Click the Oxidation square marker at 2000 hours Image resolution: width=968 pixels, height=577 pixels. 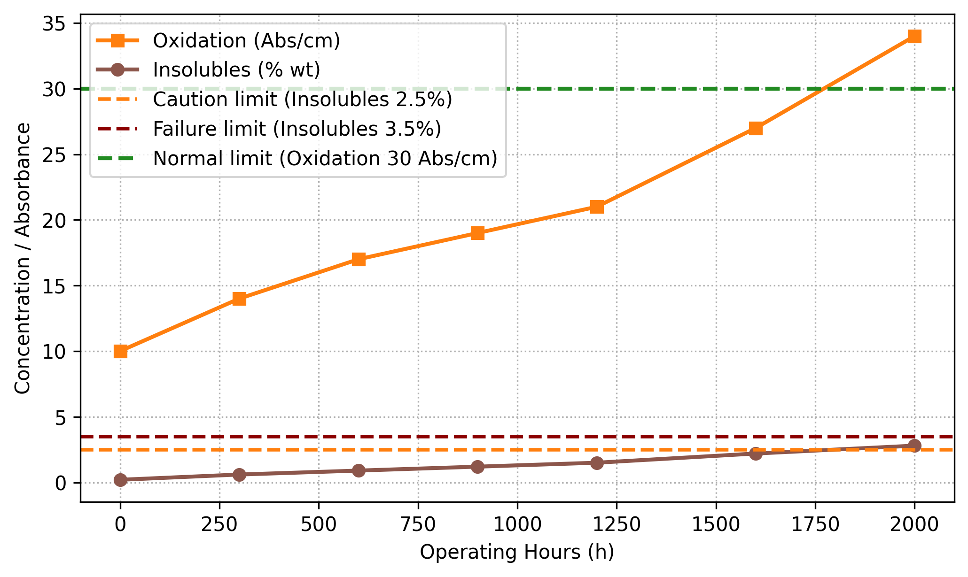914,36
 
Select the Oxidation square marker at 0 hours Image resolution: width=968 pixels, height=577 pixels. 120,351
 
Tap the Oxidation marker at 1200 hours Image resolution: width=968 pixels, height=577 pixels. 597,207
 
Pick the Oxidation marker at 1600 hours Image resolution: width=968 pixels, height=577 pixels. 756,128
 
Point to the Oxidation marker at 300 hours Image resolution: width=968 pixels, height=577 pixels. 239,299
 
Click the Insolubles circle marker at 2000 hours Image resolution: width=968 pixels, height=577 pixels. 914,446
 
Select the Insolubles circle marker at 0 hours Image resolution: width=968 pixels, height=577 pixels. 120,480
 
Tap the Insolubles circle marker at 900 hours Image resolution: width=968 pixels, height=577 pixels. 477,467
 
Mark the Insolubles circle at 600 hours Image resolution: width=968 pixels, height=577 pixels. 359,470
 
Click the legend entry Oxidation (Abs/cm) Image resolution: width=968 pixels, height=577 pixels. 246,41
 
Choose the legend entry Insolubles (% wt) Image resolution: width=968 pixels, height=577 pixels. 236,70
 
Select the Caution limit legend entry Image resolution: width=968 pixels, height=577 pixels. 302,100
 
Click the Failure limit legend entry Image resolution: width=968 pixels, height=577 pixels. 297,129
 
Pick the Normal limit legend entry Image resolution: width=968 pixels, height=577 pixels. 325,158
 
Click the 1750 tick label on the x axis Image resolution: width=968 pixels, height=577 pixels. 815,525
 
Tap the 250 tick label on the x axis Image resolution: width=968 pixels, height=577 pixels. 219,525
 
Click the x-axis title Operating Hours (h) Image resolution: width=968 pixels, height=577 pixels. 517,552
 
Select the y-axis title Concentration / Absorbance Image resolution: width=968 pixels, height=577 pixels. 23,258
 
